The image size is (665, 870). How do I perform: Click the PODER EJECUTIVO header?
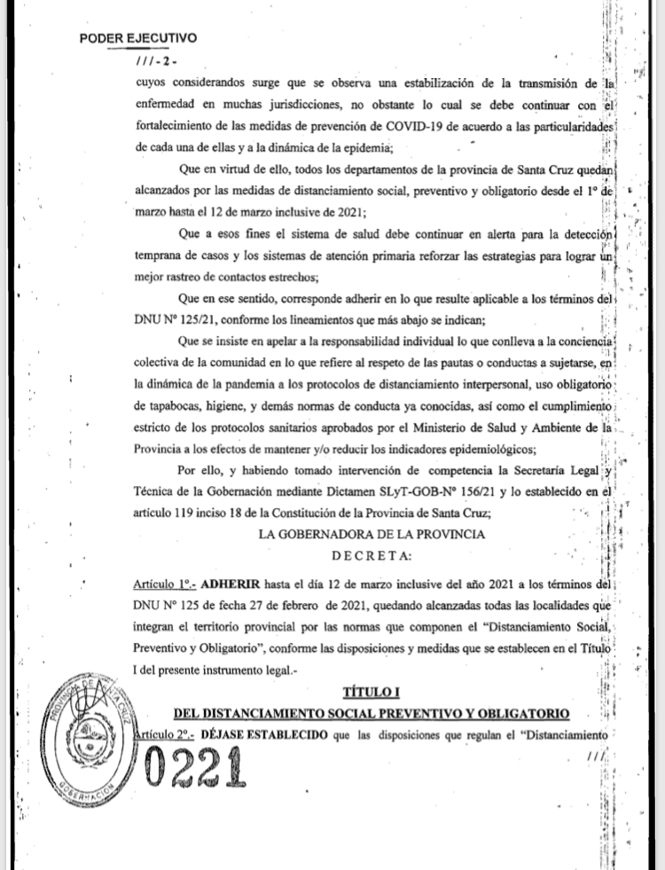coord(138,39)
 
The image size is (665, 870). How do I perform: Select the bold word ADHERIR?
coord(232,585)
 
